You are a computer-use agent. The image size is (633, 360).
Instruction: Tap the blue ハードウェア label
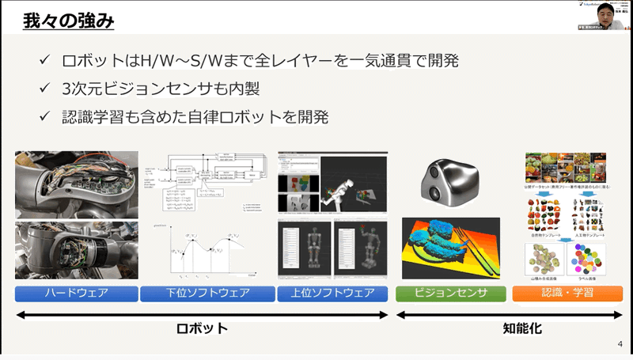click(77, 294)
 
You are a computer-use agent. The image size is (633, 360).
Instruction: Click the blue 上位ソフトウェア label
click(332, 294)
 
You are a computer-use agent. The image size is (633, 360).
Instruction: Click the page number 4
click(620, 344)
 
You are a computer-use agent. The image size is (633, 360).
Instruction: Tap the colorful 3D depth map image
click(452, 247)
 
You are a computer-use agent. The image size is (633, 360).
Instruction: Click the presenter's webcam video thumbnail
click(605, 16)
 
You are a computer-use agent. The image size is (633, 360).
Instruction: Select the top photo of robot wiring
click(77, 183)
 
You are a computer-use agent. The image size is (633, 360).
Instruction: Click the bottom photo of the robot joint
click(77, 250)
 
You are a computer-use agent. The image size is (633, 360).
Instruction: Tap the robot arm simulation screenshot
click(332, 184)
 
